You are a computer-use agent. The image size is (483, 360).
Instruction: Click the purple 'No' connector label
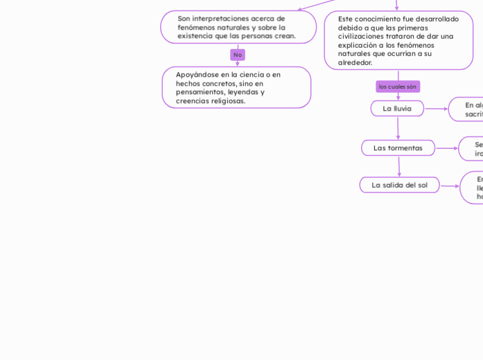tap(238, 55)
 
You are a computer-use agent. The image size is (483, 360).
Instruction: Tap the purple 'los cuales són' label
tap(398, 87)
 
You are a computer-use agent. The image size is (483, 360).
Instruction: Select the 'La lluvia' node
tap(397, 109)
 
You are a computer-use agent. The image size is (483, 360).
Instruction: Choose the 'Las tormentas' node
tap(398, 148)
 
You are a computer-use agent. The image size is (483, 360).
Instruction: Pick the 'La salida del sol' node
tap(399, 185)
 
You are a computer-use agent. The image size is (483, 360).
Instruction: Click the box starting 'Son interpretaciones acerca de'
tap(238, 27)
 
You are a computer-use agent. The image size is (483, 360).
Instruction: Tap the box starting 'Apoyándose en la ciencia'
tap(236, 87)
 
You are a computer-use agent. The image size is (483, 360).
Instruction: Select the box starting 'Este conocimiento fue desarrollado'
tap(398, 41)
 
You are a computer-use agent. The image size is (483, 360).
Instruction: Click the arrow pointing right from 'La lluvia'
tap(436, 109)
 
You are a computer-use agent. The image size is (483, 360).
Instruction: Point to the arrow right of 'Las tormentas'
tap(446, 148)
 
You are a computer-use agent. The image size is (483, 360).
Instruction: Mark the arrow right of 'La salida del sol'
tap(450, 186)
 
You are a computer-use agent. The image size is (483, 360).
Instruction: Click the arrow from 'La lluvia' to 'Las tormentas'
tap(398, 128)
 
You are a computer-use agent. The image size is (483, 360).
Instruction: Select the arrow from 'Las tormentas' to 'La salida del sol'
tap(399, 167)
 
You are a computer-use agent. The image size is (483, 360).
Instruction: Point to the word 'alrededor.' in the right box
tap(355, 63)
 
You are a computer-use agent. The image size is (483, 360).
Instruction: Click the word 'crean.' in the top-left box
tap(285, 36)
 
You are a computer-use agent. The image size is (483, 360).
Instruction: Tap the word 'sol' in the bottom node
tap(421, 185)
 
